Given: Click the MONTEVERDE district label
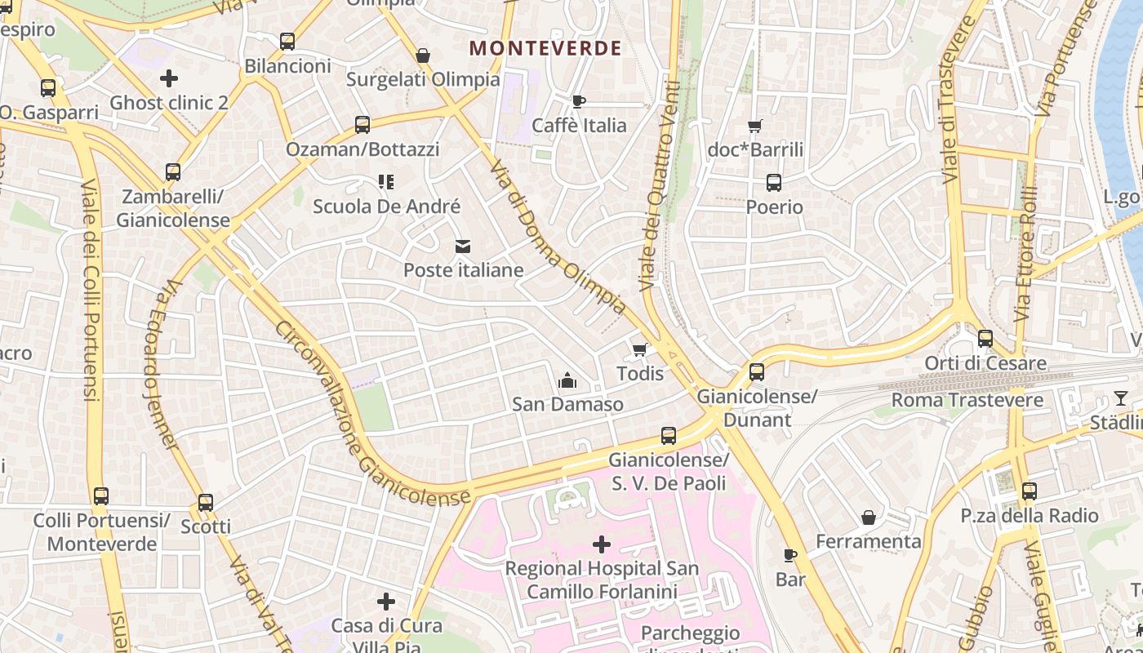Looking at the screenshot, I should pos(545,48).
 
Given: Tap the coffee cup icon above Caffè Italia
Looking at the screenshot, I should pos(579,101).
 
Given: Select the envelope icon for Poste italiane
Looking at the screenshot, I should pos(463,247).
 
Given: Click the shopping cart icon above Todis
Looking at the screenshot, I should pos(640,349).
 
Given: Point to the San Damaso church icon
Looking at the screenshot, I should pos(567,380).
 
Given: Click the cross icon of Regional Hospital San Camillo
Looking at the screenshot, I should pos(602,544).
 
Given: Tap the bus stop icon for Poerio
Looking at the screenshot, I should pos(774,183).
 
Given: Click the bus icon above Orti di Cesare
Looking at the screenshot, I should pos(985,339).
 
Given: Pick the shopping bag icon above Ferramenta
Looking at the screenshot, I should pos(869,518).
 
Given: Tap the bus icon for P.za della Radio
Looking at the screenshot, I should pos(1029,491).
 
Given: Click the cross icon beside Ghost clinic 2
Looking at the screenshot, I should pos(169,78).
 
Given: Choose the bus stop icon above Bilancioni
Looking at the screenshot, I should pos(287,42).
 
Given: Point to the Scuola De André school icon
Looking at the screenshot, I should pos(386,182).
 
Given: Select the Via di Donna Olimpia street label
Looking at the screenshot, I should pos(558,237).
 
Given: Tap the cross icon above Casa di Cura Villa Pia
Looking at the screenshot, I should pos(386,602).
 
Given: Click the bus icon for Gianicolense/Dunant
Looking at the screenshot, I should pos(757,372).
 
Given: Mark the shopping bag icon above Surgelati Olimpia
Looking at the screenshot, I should pos(423,56).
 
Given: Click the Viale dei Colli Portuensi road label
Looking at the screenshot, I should pos(90,290).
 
